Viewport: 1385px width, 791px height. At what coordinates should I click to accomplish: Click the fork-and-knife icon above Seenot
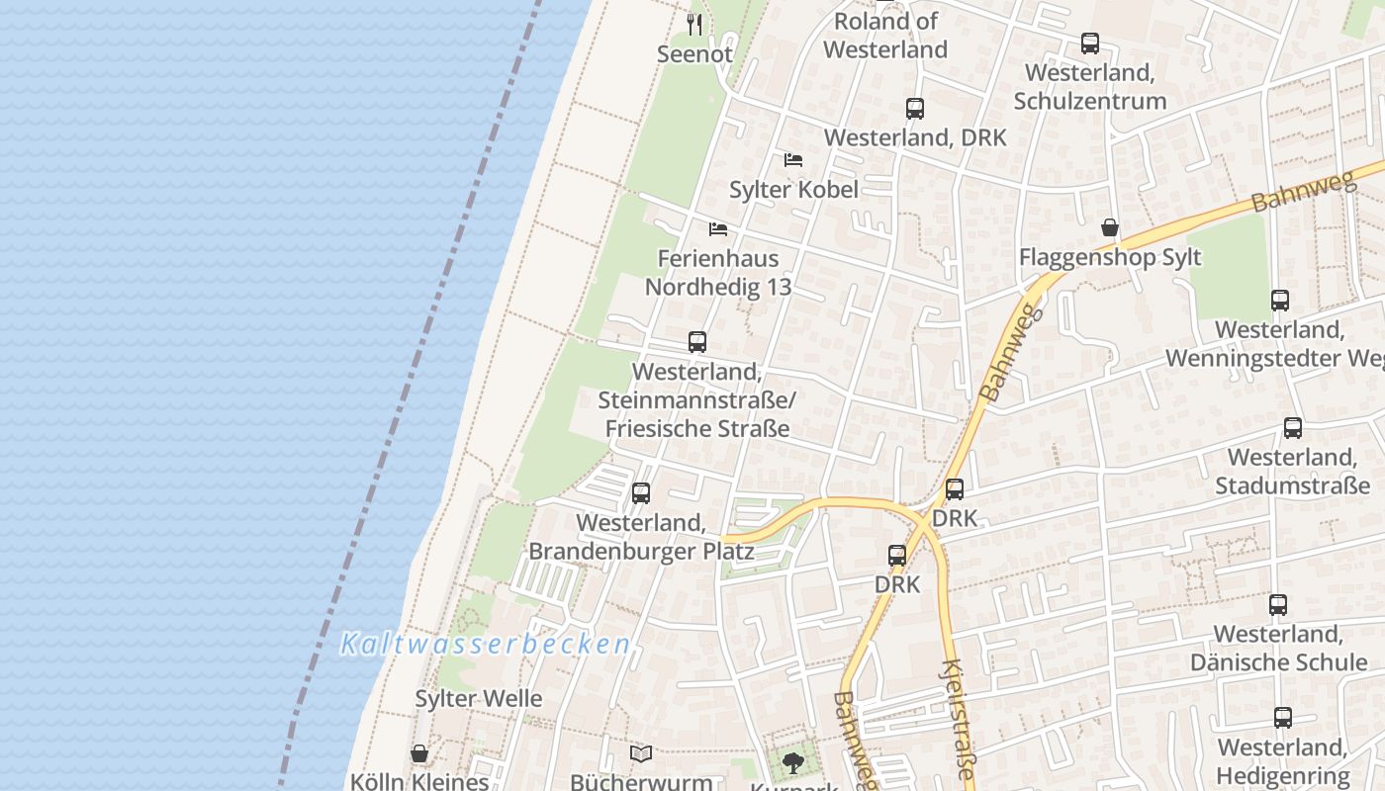[694, 24]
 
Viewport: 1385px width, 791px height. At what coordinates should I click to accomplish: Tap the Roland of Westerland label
[885, 36]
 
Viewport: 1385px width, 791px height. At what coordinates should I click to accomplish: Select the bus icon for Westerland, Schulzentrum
[1089, 44]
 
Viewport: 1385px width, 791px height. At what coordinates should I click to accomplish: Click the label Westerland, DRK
[915, 137]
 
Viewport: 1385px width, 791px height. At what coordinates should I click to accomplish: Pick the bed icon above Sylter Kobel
[793, 159]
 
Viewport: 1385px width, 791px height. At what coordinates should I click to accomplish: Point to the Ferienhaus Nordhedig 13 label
[718, 272]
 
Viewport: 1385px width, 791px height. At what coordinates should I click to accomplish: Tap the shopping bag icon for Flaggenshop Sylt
[1110, 228]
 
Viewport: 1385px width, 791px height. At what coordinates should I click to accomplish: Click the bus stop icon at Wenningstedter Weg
[1279, 301]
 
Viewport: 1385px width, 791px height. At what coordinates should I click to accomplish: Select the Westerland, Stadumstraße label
[1292, 472]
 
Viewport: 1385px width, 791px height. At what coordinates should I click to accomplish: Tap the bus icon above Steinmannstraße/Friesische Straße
[697, 342]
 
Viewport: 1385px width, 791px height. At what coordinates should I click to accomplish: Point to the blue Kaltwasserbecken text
[485, 645]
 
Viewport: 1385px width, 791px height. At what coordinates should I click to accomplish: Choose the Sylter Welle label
[478, 698]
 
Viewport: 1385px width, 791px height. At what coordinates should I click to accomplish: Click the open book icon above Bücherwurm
[641, 754]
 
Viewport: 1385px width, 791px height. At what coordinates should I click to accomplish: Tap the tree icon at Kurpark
[792, 762]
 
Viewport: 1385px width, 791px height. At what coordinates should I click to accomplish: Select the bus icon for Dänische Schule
[1278, 605]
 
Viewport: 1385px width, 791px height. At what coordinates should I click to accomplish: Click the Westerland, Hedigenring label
[1282, 761]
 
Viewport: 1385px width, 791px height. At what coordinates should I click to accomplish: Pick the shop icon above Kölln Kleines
[419, 754]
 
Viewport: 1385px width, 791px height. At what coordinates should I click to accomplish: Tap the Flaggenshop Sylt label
[1110, 257]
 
